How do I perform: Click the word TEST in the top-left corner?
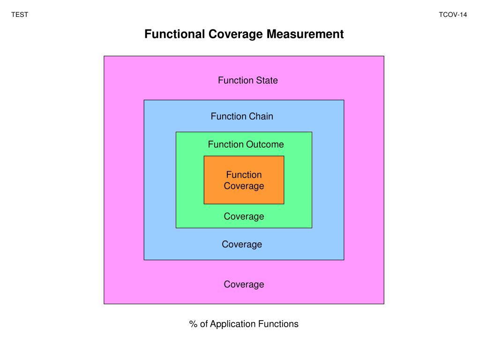click(20, 15)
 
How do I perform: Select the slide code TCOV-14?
click(453, 15)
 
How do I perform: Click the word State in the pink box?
click(267, 80)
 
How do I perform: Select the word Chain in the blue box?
click(261, 116)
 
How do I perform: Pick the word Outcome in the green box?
click(266, 144)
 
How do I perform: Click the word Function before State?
click(235, 80)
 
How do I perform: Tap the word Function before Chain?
click(228, 116)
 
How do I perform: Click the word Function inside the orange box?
click(244, 175)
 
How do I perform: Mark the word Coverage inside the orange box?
click(244, 186)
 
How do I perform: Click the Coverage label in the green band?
click(244, 216)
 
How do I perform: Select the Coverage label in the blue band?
click(242, 244)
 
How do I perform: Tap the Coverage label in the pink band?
click(244, 285)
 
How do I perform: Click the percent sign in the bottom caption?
click(193, 324)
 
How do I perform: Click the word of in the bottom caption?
click(204, 324)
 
